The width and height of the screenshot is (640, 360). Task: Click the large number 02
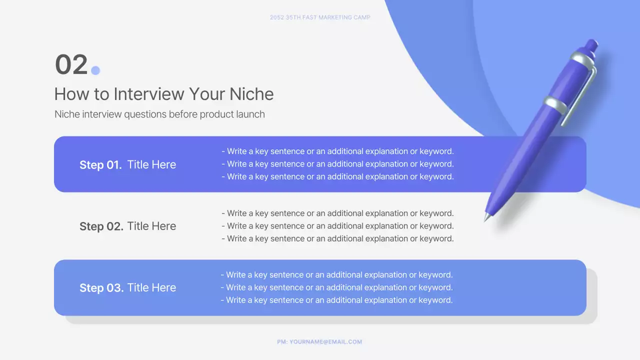pyautogui.click(x=71, y=65)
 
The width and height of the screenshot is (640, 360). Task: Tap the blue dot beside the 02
pyautogui.click(x=95, y=70)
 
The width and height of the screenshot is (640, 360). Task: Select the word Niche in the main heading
pyautogui.click(x=251, y=94)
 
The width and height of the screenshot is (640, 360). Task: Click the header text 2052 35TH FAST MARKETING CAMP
pyautogui.click(x=320, y=17)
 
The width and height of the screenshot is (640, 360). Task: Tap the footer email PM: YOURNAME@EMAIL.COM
pyautogui.click(x=319, y=342)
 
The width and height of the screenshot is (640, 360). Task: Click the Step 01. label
pyautogui.click(x=100, y=165)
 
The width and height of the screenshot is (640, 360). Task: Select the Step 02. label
pyautogui.click(x=101, y=226)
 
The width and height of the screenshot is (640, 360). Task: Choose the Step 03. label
pyautogui.click(x=101, y=288)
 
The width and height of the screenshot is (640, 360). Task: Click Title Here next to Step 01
pyautogui.click(x=151, y=165)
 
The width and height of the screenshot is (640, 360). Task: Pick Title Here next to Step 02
pyautogui.click(x=151, y=226)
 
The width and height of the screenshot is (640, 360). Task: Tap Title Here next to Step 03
pyautogui.click(x=151, y=288)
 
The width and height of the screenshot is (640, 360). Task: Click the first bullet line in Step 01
pyautogui.click(x=337, y=151)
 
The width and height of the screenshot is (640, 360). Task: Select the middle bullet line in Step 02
pyautogui.click(x=337, y=226)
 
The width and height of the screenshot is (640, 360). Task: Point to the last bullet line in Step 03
pyautogui.click(x=336, y=300)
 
